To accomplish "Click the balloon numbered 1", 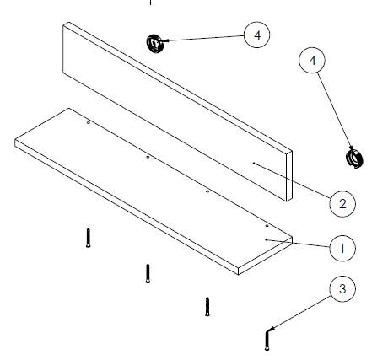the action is tap(342, 249).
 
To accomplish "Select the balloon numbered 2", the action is tap(342, 204).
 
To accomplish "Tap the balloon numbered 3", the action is tap(342, 289).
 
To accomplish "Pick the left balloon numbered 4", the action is tap(257, 35).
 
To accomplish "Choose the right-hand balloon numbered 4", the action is tap(312, 61).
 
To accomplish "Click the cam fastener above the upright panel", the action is tap(155, 43).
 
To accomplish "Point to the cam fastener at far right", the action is tap(354, 159).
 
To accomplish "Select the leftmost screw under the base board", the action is tap(89, 238).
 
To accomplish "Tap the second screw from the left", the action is tap(148, 273).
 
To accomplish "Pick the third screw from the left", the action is tap(207, 307).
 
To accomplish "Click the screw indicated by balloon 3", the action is tap(267, 341).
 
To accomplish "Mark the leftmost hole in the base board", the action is tap(89, 123).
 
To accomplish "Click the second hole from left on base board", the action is tap(148, 157).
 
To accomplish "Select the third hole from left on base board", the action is tap(207, 191).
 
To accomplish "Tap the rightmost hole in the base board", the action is tap(267, 226).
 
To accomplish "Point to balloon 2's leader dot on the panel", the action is tap(253, 163).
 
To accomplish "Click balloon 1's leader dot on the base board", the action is tap(266, 239).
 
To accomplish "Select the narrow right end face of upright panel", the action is tap(289, 176).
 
